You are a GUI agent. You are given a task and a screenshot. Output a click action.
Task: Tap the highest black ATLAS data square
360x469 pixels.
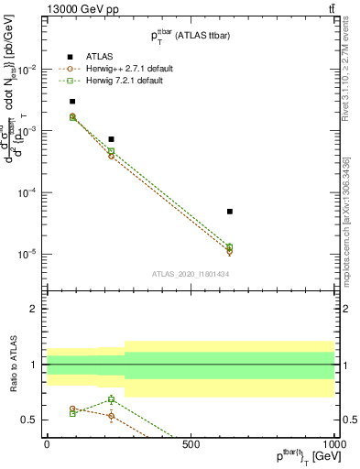[x=72, y=102]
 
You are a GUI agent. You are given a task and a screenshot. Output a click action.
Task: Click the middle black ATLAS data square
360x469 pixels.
[x=111, y=139]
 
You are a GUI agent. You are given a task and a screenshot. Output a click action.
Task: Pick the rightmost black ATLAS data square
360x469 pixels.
[x=230, y=212]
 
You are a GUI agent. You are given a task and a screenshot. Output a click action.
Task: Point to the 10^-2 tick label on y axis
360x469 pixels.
[x=27, y=70]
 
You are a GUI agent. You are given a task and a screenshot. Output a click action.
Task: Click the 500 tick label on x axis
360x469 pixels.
[x=191, y=444]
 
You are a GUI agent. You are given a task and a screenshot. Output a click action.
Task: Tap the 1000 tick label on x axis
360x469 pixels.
[x=332, y=444]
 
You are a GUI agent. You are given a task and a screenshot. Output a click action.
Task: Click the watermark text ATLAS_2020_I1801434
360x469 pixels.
[x=190, y=274]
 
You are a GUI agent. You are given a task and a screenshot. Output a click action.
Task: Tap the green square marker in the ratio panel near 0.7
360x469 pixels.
[x=111, y=399]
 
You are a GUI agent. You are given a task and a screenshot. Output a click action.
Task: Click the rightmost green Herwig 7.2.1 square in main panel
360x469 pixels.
[x=230, y=246]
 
